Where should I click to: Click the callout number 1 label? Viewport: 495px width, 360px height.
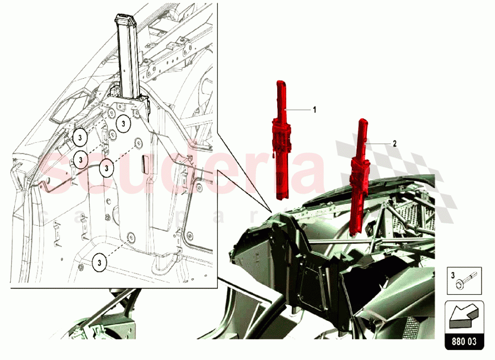click(x=314, y=110)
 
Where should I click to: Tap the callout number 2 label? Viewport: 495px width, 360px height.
click(x=395, y=144)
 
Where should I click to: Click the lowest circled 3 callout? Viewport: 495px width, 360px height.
click(x=99, y=261)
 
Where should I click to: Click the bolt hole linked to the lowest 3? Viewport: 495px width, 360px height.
click(x=131, y=237)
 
